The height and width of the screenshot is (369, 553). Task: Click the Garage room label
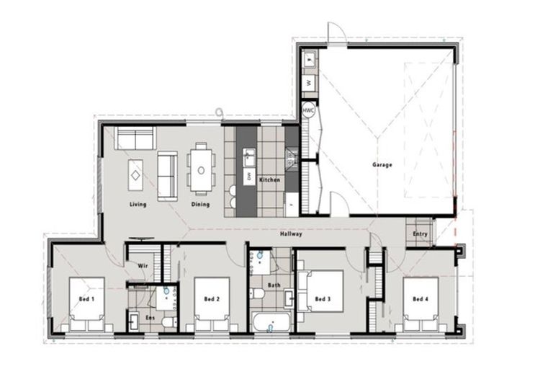click(382, 165)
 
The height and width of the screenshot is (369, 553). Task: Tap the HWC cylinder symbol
click(308, 111)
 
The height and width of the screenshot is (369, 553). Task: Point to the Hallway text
click(291, 234)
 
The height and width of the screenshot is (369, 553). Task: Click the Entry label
click(420, 234)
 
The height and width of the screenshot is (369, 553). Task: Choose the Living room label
click(138, 204)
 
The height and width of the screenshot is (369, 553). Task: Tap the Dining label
click(200, 204)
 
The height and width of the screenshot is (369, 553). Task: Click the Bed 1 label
click(86, 298)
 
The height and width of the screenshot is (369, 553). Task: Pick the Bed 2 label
click(212, 298)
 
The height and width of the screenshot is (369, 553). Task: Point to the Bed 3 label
click(323, 298)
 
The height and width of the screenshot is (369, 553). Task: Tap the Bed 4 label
click(420, 298)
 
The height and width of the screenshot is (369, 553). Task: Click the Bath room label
click(274, 285)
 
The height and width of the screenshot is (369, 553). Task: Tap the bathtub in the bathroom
click(271, 321)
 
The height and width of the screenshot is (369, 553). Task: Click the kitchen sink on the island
click(248, 155)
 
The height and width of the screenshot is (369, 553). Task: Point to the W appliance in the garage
click(308, 83)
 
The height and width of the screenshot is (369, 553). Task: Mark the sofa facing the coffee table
click(167, 175)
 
